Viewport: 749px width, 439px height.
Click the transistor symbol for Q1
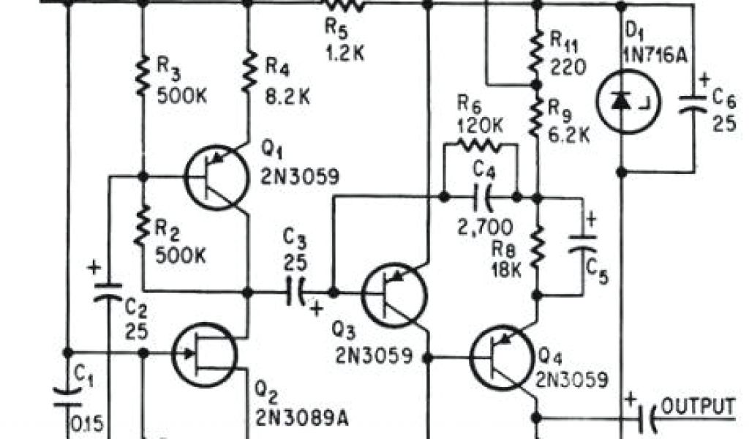pyautogui.click(x=215, y=177)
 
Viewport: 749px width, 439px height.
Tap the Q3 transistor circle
pyautogui.click(x=395, y=295)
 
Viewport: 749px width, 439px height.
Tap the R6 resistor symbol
pyautogui.click(x=480, y=144)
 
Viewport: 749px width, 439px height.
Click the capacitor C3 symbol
pyautogui.click(x=296, y=292)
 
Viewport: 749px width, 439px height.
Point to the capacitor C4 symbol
pyautogui.click(x=481, y=197)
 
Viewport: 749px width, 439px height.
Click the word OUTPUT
pyautogui.click(x=697, y=405)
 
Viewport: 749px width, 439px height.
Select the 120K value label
pyautogui.click(x=480, y=126)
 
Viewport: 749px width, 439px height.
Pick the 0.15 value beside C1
pyautogui.click(x=87, y=424)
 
